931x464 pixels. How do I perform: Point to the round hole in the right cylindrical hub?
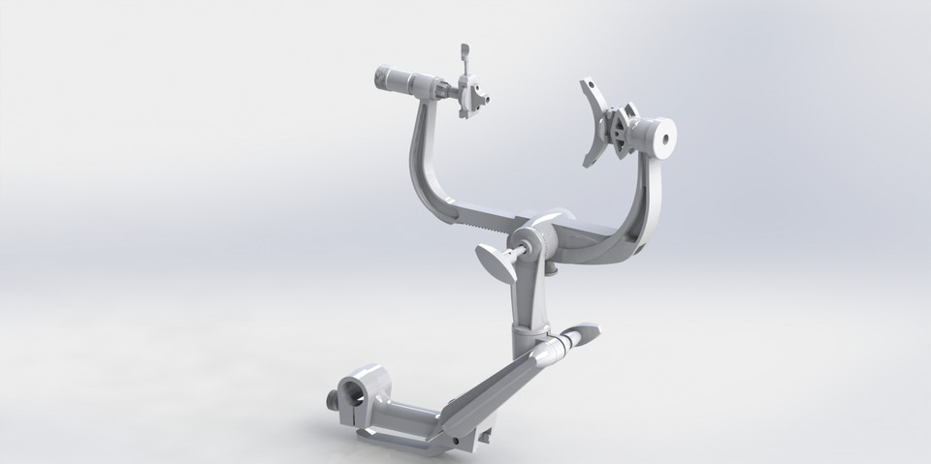(x=664, y=137)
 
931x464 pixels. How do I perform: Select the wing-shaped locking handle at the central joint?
(x=497, y=263)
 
